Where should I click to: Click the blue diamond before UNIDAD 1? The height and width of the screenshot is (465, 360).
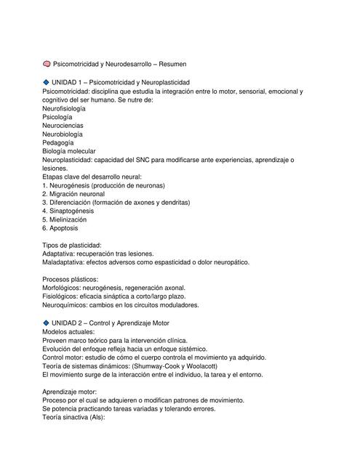[47, 83]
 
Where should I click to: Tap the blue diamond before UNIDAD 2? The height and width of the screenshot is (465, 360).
[47, 322]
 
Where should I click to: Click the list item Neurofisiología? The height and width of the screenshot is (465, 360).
[64, 108]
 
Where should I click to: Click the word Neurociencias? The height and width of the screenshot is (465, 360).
[63, 126]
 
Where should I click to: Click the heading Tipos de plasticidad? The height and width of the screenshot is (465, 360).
[72, 246]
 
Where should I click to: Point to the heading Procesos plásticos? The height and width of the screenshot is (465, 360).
[71, 280]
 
